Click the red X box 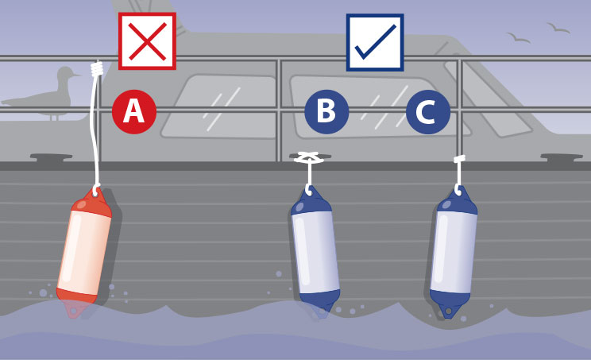[147, 41]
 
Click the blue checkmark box [375, 42]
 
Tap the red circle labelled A [133, 111]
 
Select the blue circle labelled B [326, 111]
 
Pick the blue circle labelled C [428, 112]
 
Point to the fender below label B [315, 252]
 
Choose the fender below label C [454, 252]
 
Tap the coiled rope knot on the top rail [97, 69]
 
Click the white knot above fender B [309, 157]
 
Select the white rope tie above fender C [459, 159]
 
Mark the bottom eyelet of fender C [448, 311]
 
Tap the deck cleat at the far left [52, 157]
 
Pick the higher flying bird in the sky [558, 28]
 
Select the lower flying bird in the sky [518, 37]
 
